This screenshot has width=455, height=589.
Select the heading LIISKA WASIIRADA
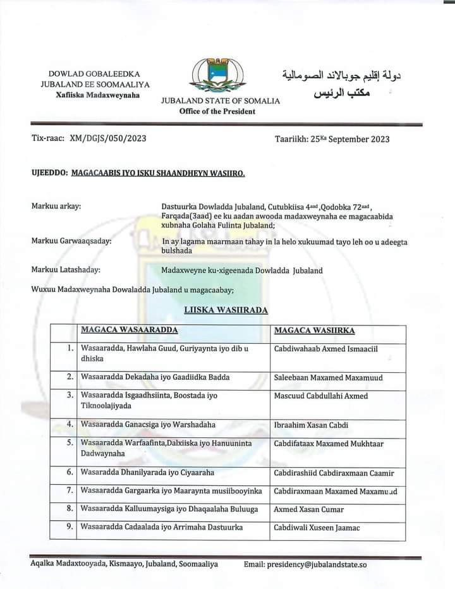tap(226, 310)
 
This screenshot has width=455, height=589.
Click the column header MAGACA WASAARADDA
tap(129, 331)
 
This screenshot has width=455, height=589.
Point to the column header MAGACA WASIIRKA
tap(314, 331)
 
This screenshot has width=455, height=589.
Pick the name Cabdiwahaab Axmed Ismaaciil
tap(326, 349)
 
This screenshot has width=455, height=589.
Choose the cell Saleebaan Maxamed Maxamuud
tap(328, 377)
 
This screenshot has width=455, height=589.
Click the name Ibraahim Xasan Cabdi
tap(311, 425)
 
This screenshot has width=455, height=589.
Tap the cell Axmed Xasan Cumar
tap(308, 509)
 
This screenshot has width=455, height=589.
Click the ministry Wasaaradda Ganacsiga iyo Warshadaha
tap(148, 425)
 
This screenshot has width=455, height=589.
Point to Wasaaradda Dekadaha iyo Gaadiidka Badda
tap(155, 377)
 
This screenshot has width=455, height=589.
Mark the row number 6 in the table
tap(70, 472)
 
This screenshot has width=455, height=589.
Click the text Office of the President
tap(217, 111)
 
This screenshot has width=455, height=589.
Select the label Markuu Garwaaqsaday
tap(71, 241)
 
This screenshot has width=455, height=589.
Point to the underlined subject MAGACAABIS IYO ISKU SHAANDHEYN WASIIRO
tap(158, 173)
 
